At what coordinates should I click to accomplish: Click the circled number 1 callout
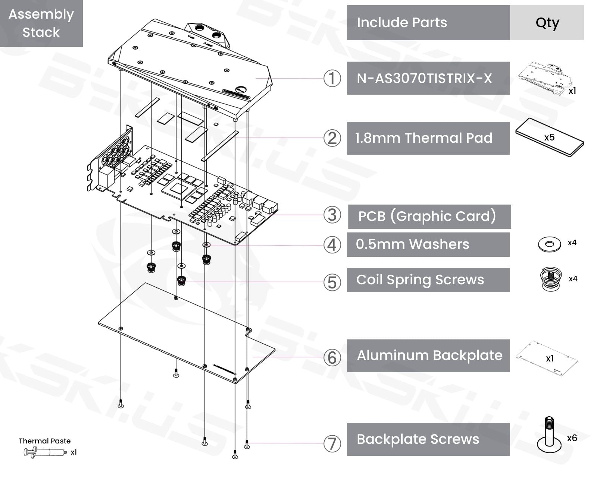pos(332,79)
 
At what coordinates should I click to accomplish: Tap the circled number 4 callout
pos(332,245)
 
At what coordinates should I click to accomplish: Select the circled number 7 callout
pos(332,444)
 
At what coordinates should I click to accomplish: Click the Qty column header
pos(547,23)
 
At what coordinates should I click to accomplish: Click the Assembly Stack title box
pos(41,23)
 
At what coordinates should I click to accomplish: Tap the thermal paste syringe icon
pos(45,452)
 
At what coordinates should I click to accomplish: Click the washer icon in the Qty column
pos(549,244)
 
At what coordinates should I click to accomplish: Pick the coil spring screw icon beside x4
pos(551,279)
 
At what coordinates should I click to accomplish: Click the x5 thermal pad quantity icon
pos(549,138)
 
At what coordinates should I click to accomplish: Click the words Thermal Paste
pos(45,441)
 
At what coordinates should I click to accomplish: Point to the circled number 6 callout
pos(332,358)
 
